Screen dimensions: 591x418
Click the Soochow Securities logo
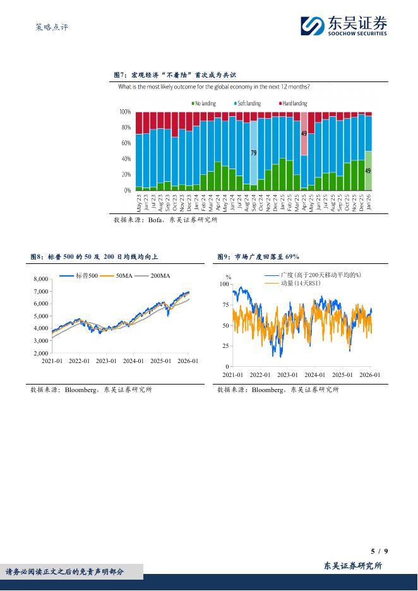click(x=344, y=26)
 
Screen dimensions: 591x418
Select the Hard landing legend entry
click(x=292, y=104)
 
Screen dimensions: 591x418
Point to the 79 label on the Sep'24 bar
click(x=254, y=153)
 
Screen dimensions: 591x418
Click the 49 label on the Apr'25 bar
click(x=304, y=134)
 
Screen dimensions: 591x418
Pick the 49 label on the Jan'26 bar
click(x=368, y=170)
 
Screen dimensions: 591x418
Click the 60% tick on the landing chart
click(x=125, y=143)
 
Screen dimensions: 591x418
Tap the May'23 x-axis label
click(x=139, y=203)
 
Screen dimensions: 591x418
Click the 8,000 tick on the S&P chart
click(x=40, y=279)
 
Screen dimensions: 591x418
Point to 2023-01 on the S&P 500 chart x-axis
click(x=106, y=361)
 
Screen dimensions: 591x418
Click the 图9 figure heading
click(x=258, y=257)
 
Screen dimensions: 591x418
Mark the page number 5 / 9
click(x=379, y=551)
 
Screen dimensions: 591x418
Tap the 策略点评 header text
click(x=49, y=27)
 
